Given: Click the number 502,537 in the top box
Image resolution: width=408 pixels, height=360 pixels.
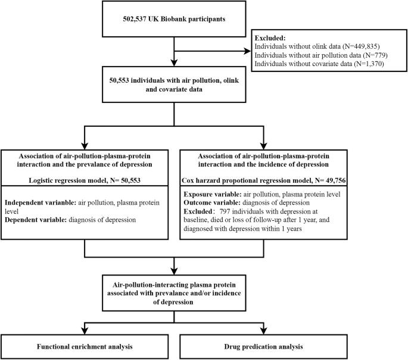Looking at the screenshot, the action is (134, 19).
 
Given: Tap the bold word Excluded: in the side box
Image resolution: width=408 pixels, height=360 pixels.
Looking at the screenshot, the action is (270, 38).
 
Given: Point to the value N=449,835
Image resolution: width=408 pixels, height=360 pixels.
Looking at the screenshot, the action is (362, 46).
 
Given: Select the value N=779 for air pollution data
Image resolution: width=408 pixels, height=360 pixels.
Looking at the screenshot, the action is (375, 55).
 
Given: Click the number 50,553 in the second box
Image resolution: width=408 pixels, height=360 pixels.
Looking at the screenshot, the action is (119, 80).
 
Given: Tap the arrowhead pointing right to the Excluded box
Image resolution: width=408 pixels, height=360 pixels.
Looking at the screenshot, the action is (247, 51).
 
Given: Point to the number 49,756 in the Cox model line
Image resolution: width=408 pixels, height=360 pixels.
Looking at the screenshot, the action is (336, 180).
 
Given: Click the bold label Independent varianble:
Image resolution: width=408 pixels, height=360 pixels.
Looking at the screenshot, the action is (41, 202).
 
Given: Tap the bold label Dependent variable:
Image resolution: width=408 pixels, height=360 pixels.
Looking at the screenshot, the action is (36, 220).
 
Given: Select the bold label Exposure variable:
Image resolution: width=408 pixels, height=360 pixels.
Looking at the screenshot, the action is (213, 195).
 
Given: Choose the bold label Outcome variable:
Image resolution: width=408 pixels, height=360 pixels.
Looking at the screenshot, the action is (212, 203).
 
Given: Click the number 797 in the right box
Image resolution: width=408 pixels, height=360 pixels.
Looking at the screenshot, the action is (225, 211).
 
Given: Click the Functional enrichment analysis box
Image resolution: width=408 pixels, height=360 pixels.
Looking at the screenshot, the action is (85, 346).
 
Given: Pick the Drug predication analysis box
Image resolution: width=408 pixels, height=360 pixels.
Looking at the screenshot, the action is (264, 346).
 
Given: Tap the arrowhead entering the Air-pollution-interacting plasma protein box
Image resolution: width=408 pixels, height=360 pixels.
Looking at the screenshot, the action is (174, 271).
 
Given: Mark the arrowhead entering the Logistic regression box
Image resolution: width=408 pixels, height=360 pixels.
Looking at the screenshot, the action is (85, 146).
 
